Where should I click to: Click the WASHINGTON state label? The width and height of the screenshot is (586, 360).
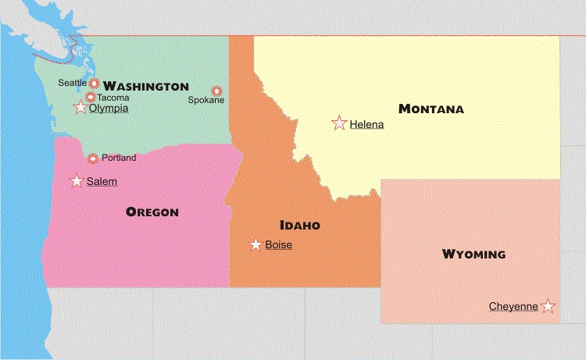coord(146,86)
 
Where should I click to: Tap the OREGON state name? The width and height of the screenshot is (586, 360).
coord(152,212)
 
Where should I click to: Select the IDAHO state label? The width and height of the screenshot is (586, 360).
coord(300,226)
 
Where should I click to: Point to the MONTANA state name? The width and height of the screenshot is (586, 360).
coord(431,109)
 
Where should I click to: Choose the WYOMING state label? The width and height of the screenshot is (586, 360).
coord(473,255)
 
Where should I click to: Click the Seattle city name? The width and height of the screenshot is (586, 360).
coord(73,82)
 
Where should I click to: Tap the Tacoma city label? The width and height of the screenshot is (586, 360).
coord(113,98)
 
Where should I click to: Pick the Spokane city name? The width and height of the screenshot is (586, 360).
coord(206,100)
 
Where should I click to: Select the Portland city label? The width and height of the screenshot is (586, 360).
coord(119,158)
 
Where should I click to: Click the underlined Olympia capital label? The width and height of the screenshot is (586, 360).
coord(109,109)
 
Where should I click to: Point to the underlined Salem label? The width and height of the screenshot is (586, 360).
coord(102,181)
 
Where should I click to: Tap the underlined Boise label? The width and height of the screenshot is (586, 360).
coord(279,244)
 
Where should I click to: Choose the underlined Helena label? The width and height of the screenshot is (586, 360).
coord(367,123)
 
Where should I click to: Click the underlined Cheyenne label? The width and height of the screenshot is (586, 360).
coord(513,306)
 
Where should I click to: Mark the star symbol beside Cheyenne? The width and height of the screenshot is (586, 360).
coord(548,306)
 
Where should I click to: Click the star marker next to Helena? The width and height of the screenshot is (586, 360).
coord(339,123)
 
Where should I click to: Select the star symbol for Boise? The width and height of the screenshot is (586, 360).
coord(255,244)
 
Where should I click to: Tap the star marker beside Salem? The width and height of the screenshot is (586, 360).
coord(77,181)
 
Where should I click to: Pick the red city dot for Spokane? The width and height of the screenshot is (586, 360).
coord(216,91)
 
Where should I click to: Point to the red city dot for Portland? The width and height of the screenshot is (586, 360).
coord(93,159)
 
